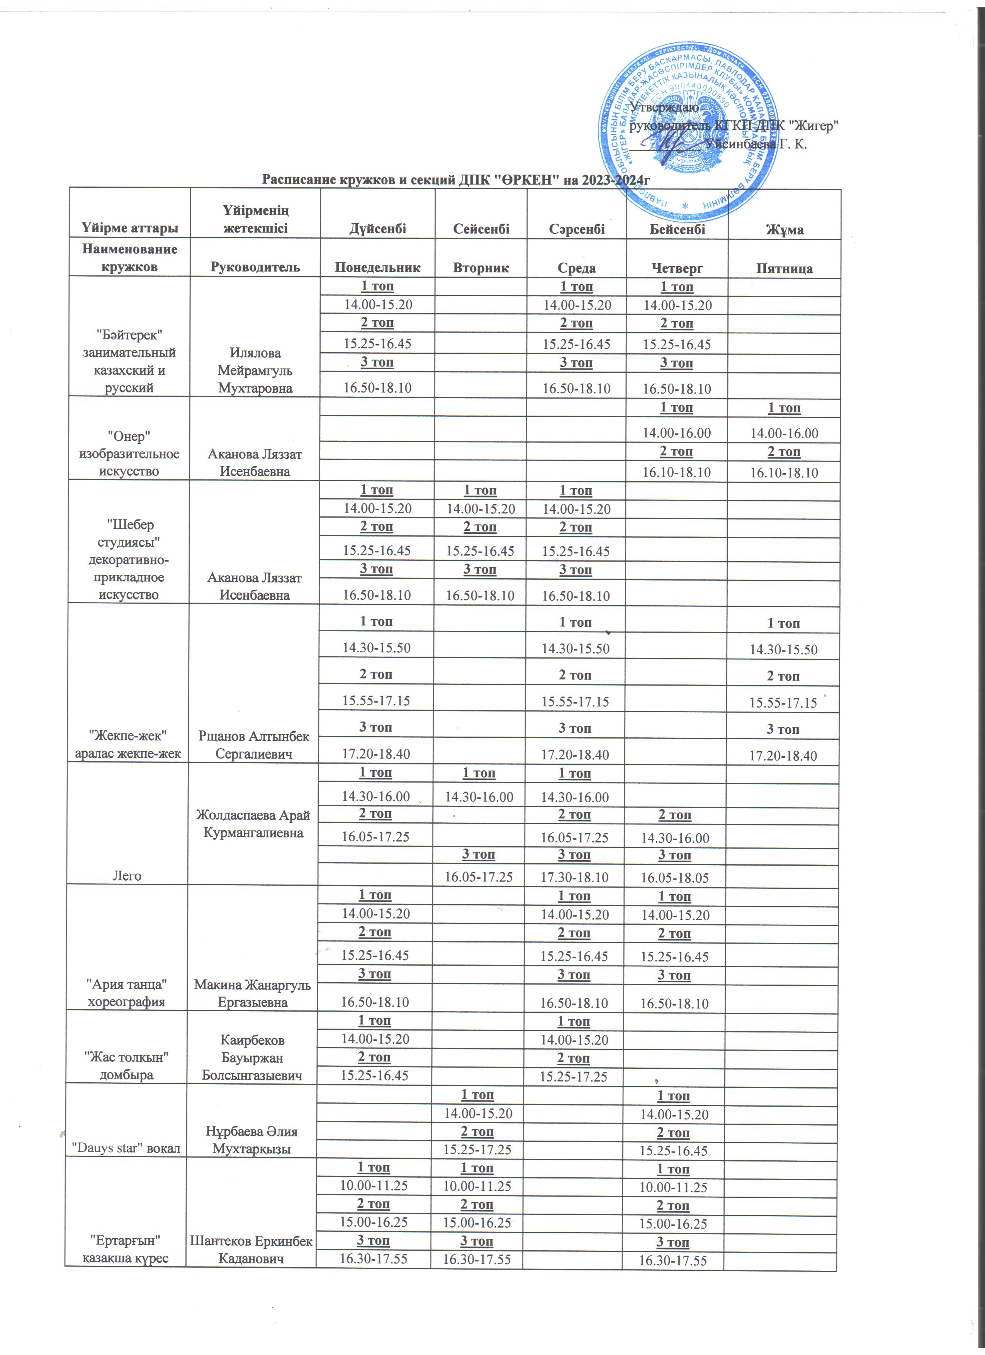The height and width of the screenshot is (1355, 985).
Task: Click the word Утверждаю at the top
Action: coord(664,107)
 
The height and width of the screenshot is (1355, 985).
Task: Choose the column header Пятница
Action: coord(784,268)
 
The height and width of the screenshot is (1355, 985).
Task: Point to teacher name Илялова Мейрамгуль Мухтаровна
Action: coord(255,370)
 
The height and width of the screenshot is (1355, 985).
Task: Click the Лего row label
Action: coord(127,876)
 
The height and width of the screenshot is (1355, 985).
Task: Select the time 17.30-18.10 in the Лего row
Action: coord(575,877)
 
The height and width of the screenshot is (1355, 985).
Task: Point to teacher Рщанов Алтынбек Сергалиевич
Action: coord(254,745)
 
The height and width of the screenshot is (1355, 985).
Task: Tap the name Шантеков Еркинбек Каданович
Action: coord(251,1249)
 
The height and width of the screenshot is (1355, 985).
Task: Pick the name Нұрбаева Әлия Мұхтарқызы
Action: coord(251,1140)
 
